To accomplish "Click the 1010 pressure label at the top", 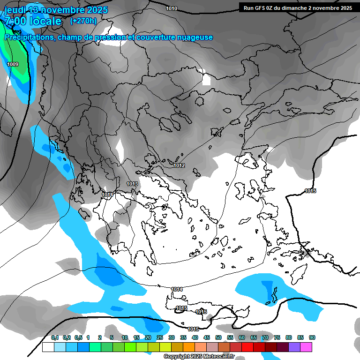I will (172, 8).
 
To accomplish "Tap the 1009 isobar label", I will (13, 64).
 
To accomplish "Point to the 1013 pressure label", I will (132, 184).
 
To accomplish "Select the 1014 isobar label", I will (177, 289).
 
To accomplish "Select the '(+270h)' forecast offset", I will (83, 21).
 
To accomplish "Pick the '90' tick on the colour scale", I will (312, 338).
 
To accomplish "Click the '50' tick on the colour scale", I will (218, 338).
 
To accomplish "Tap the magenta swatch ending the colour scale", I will (307, 347).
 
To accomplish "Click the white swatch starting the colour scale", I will (48, 347).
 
